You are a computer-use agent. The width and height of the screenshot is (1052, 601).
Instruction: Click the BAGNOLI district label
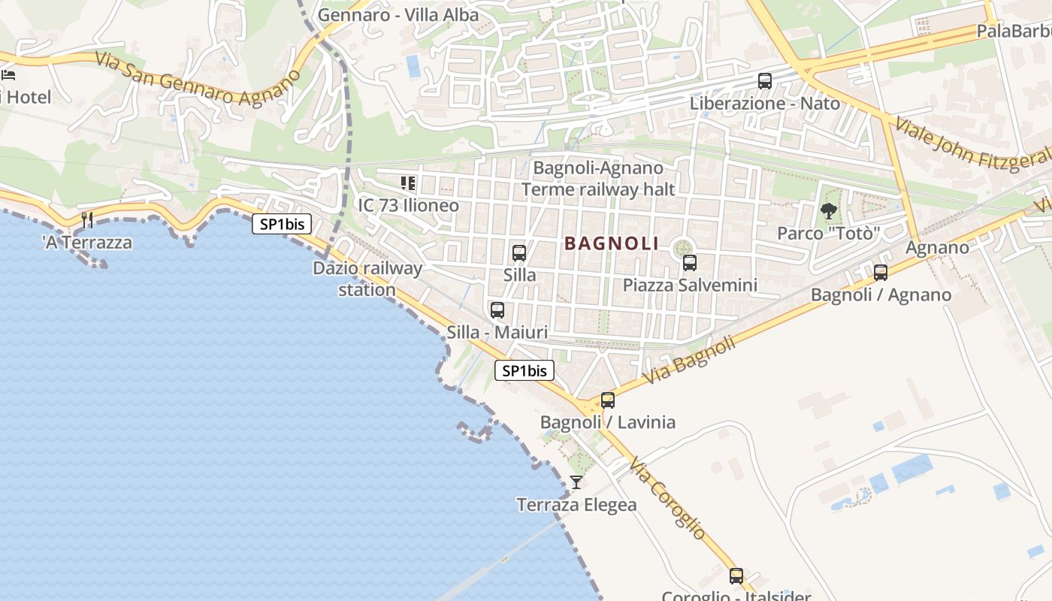click(x=611, y=243)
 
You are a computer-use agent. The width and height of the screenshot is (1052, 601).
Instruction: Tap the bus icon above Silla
click(x=518, y=253)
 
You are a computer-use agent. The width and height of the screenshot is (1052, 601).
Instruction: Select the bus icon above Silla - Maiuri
click(x=497, y=310)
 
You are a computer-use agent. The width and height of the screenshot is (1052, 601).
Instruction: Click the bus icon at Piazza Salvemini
click(x=689, y=263)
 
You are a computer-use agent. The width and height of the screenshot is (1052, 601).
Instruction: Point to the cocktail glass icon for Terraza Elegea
click(x=576, y=482)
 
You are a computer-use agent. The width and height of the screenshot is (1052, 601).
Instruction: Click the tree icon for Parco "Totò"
click(x=829, y=211)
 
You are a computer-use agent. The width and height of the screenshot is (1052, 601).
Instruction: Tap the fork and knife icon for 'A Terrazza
click(x=87, y=220)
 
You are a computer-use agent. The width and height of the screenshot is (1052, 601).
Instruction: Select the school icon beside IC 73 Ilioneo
click(x=408, y=183)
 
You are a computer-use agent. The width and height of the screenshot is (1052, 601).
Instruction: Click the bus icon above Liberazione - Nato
click(x=764, y=81)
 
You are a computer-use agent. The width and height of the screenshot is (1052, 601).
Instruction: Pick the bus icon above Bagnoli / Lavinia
click(x=607, y=400)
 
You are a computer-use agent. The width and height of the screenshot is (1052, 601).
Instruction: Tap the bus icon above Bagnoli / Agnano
click(x=880, y=273)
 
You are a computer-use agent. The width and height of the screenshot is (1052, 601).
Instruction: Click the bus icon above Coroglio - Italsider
click(x=736, y=576)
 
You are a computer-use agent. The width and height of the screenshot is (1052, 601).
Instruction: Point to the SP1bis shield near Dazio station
click(x=281, y=223)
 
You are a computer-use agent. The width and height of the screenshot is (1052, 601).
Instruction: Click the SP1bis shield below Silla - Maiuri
click(x=524, y=370)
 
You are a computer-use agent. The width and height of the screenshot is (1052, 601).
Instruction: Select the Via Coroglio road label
click(x=668, y=497)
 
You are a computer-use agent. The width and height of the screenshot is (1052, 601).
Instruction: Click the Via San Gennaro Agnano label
click(x=198, y=80)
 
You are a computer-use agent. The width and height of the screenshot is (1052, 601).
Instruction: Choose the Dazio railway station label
click(x=367, y=279)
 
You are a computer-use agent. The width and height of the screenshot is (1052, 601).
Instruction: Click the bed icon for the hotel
click(x=8, y=74)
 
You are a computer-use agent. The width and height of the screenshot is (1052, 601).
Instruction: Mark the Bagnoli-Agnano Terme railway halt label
click(x=598, y=179)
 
